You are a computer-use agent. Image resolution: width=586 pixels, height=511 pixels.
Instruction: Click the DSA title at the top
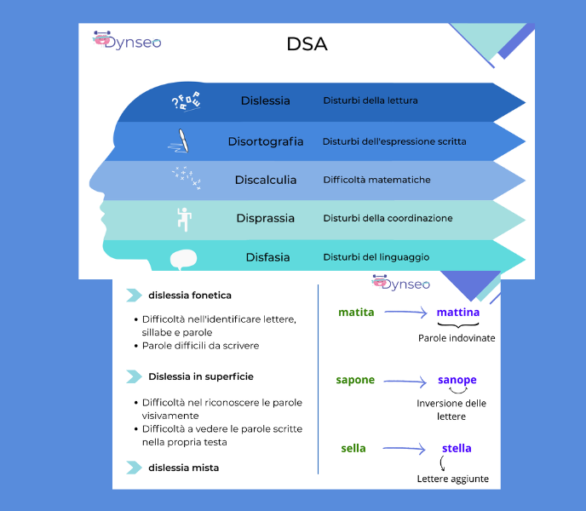click(307, 44)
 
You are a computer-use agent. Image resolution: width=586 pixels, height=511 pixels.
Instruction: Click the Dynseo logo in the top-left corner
click(127, 40)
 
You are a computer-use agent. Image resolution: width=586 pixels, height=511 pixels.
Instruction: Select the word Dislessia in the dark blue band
click(265, 100)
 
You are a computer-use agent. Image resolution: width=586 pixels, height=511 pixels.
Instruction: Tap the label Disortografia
click(265, 141)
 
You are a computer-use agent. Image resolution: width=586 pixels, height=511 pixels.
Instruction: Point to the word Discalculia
click(265, 180)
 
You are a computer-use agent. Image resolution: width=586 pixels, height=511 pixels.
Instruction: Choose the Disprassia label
click(265, 218)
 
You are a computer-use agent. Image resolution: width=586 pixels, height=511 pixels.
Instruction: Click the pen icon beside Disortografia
click(181, 141)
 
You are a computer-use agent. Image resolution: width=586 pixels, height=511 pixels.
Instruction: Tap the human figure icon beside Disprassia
click(183, 218)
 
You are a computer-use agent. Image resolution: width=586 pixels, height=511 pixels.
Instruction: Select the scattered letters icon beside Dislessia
click(185, 100)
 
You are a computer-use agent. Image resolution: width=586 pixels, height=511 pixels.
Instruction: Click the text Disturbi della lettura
click(370, 100)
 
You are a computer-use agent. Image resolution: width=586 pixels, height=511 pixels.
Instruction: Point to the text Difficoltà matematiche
click(376, 180)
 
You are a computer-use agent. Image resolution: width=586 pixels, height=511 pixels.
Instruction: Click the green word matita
click(356, 313)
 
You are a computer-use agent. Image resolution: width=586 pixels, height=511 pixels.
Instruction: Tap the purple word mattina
click(458, 313)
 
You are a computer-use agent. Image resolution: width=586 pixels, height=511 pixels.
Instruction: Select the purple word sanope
click(457, 380)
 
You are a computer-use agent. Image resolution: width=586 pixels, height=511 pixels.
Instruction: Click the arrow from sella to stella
click(405, 448)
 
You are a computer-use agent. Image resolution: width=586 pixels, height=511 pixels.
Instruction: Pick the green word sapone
click(355, 380)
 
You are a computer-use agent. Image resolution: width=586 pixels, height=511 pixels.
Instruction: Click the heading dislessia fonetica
click(190, 296)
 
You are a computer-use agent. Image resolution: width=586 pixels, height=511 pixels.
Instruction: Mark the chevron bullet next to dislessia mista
click(134, 468)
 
